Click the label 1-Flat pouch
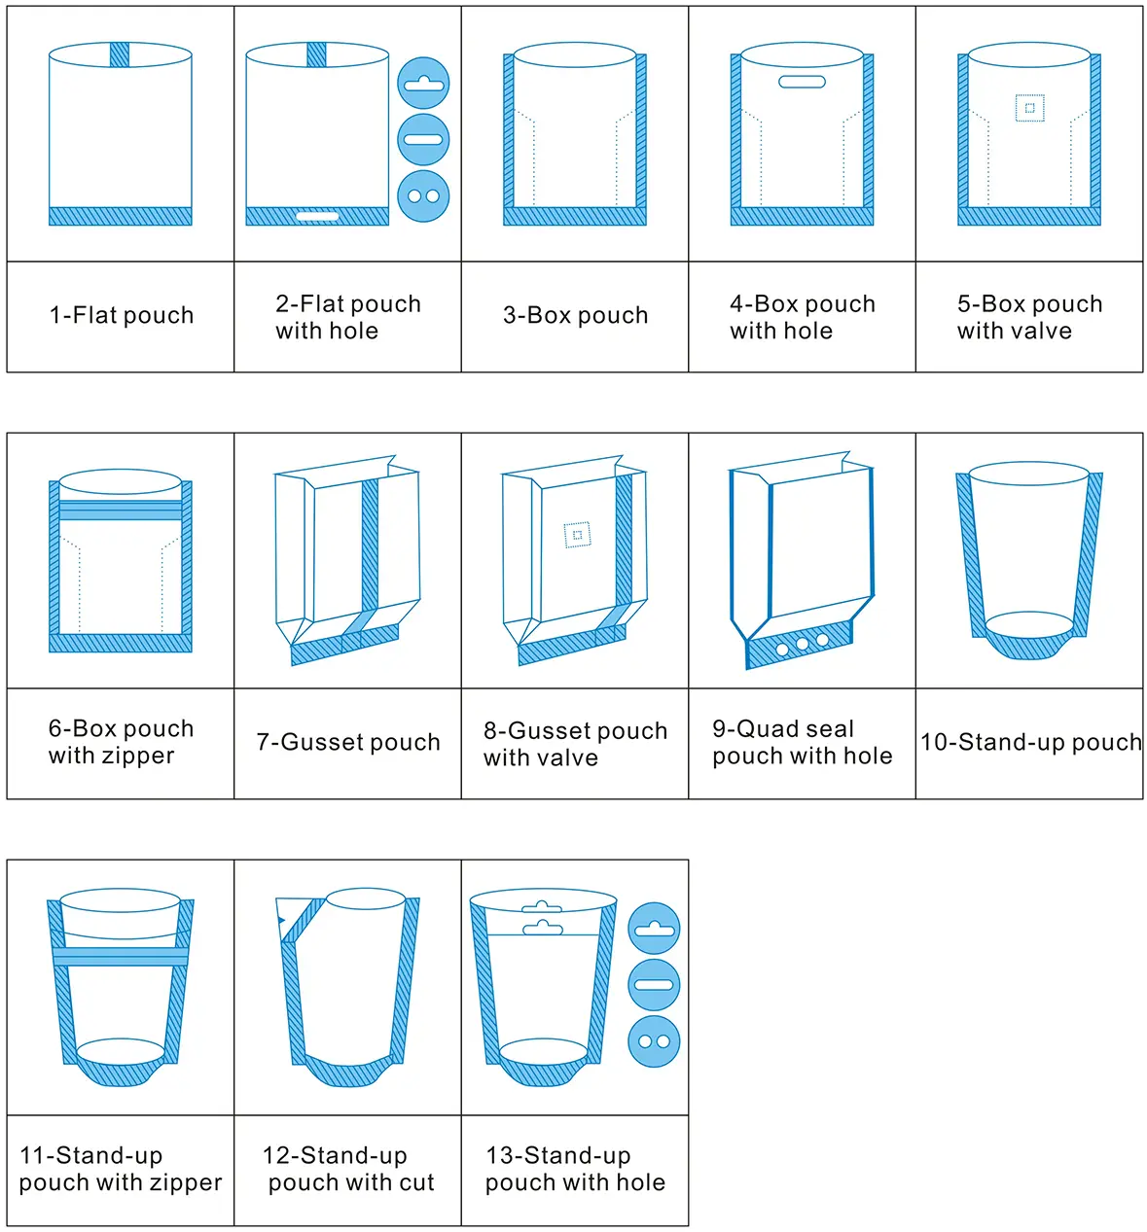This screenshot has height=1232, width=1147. click(122, 316)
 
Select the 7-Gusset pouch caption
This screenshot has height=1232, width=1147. click(348, 743)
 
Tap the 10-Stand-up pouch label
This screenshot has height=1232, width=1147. click(1030, 743)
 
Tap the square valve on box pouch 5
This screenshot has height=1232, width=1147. click(1029, 108)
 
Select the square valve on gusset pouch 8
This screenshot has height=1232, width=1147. click(577, 535)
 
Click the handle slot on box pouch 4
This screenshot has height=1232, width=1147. click(802, 82)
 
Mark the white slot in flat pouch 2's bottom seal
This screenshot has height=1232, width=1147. click(317, 216)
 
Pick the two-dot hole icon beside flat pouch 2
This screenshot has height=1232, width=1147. click(423, 196)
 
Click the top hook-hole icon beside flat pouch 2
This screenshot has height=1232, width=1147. click(423, 84)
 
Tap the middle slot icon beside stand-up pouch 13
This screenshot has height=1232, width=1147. click(654, 985)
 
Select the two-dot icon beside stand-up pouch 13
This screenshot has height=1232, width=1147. click(654, 1041)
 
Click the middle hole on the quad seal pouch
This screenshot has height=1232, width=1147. click(802, 645)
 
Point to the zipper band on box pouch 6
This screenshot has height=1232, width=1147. click(121, 510)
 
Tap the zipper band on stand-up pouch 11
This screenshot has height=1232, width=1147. click(121, 957)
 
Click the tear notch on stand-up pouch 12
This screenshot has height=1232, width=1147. click(282, 919)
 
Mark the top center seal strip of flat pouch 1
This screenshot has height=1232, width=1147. click(120, 54)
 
